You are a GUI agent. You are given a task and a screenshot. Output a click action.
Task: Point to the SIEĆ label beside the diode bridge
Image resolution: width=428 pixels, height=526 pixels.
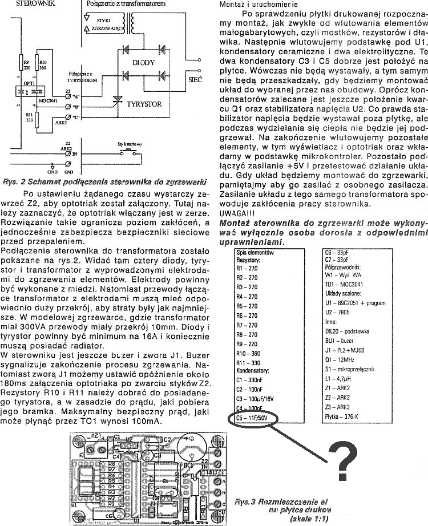(x=195, y=82)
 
